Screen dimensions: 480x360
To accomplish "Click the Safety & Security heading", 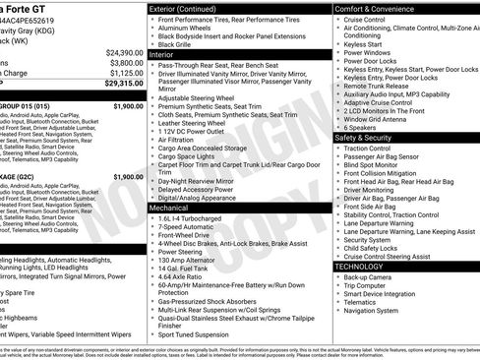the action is pyautogui.click(x=370, y=138).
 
